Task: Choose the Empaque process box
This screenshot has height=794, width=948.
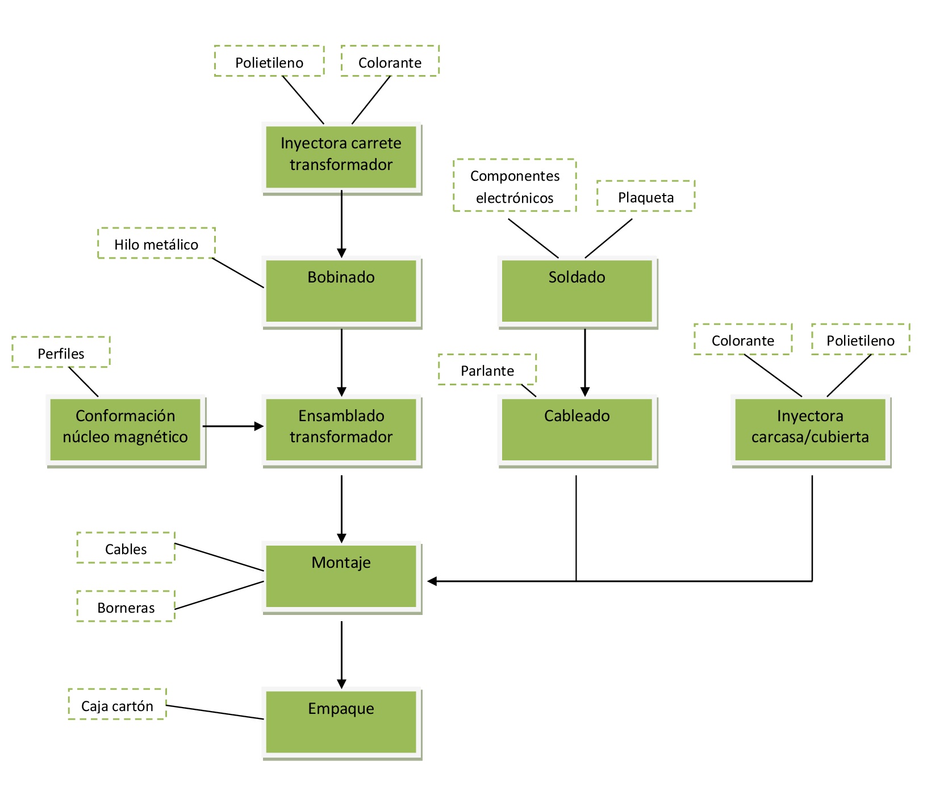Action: click(341, 723)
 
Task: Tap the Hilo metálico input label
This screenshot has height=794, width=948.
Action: click(156, 243)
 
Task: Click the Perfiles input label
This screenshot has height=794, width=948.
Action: click(61, 352)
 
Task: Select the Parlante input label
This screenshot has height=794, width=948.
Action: click(487, 369)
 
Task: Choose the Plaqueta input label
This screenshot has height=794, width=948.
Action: click(646, 196)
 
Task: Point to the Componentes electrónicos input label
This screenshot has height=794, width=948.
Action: click(515, 185)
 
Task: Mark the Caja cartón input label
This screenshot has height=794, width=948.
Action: click(117, 704)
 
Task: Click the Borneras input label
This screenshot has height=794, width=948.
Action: click(126, 606)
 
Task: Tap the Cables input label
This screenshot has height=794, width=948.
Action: click(126, 548)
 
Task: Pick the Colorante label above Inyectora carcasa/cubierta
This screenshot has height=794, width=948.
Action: click(743, 339)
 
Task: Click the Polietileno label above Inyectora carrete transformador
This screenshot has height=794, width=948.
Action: click(269, 61)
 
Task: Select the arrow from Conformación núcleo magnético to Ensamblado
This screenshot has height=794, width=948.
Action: click(233, 426)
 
